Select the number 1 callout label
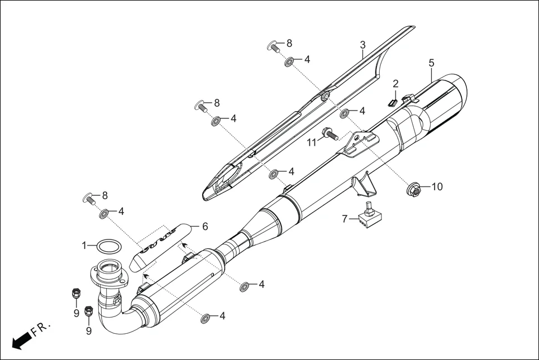point(84,244)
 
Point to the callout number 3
point(362,45)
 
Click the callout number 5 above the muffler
point(431,63)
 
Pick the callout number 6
point(204,227)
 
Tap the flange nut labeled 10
point(413,191)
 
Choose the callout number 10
point(436,187)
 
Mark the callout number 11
point(312,143)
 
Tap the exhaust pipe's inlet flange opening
point(107,268)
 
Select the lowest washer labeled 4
point(205,318)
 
